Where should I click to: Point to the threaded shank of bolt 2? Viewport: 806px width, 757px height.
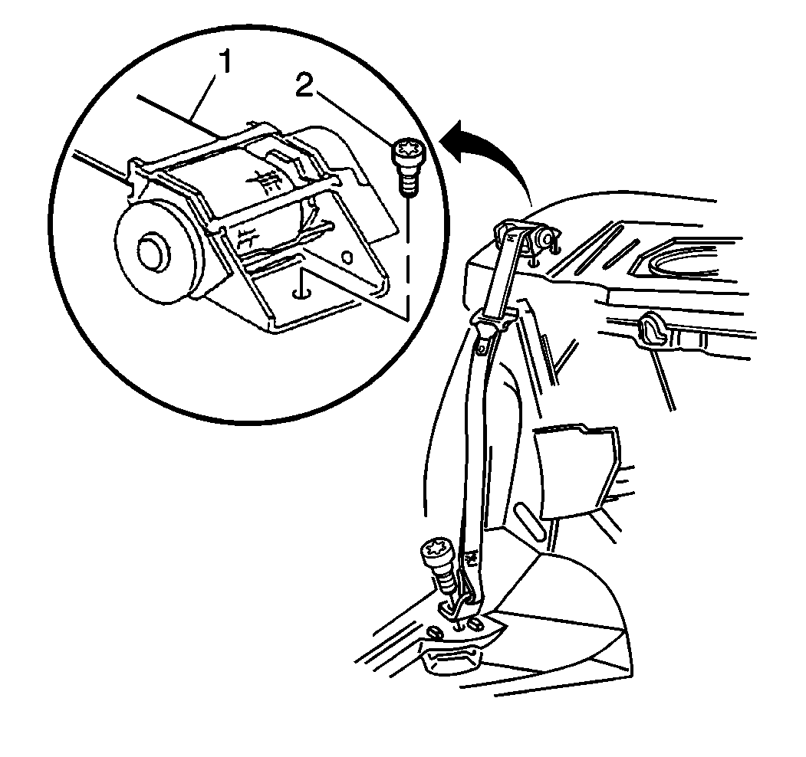408,180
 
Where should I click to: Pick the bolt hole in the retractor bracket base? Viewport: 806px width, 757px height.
301,293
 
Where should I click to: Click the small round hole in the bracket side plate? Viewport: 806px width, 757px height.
348,257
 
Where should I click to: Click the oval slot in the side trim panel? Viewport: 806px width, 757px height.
528,523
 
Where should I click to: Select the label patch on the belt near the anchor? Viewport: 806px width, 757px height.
471,557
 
